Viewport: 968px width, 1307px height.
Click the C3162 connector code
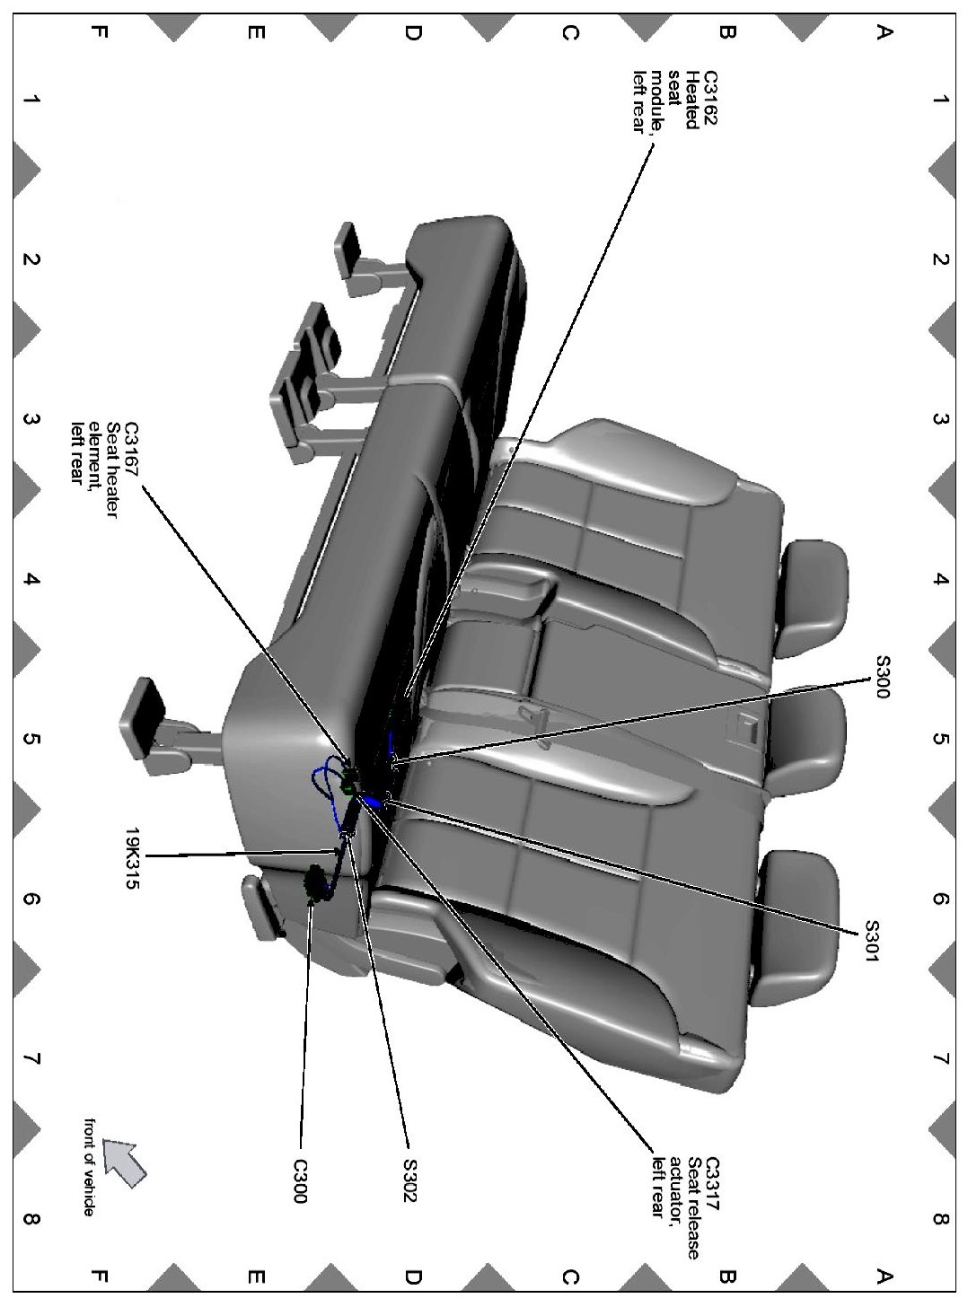pos(711,98)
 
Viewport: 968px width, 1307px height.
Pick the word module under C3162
pos(658,102)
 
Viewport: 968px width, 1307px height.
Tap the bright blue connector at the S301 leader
pos(372,800)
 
